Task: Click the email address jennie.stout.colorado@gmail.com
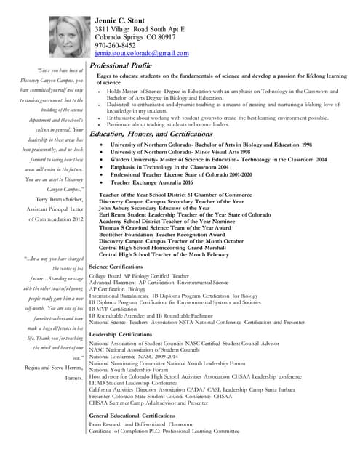(142, 54)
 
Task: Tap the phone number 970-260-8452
(116, 44)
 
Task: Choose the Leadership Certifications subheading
(128, 333)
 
